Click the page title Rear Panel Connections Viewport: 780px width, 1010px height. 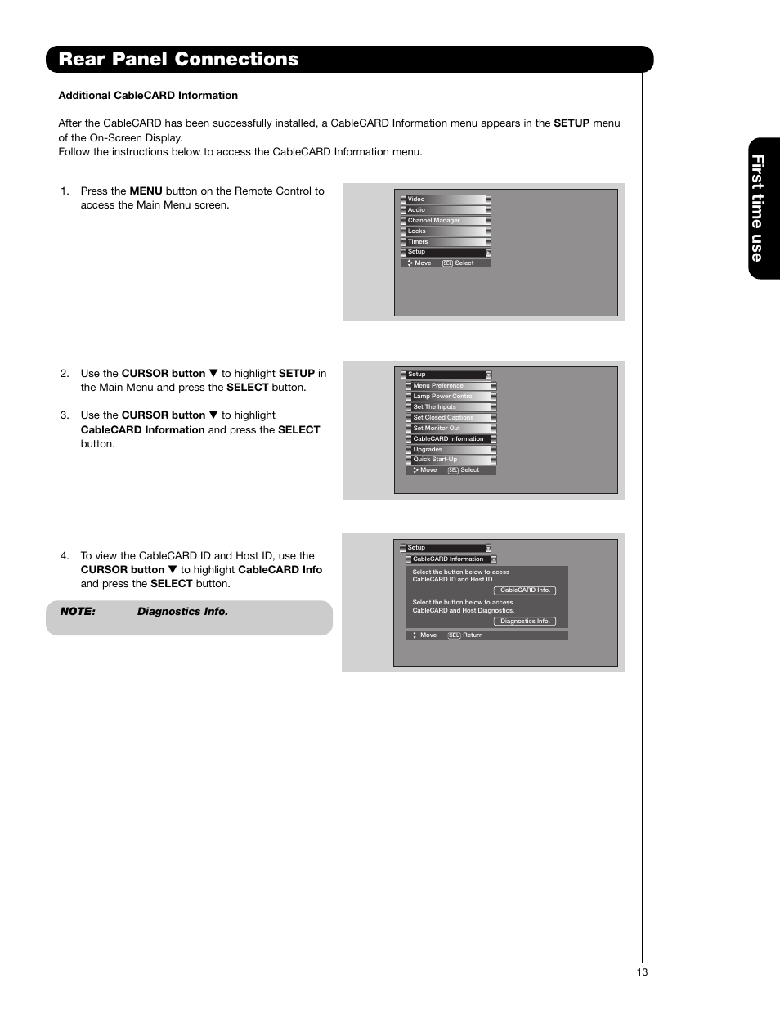coord(178,59)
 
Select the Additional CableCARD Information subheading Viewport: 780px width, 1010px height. coord(148,96)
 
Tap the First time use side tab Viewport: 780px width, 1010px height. coord(758,209)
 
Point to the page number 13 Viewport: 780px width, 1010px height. coord(642,972)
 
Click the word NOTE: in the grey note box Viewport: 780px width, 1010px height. coord(78,612)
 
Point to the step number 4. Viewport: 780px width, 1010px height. coord(65,556)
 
